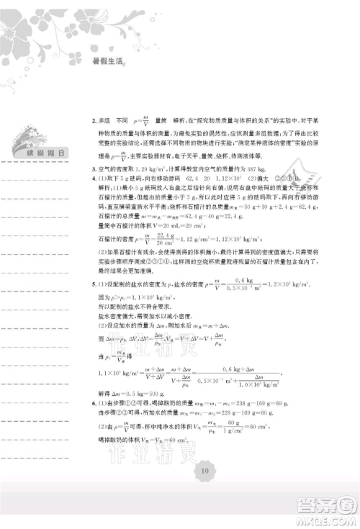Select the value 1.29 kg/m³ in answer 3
point(150,167)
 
